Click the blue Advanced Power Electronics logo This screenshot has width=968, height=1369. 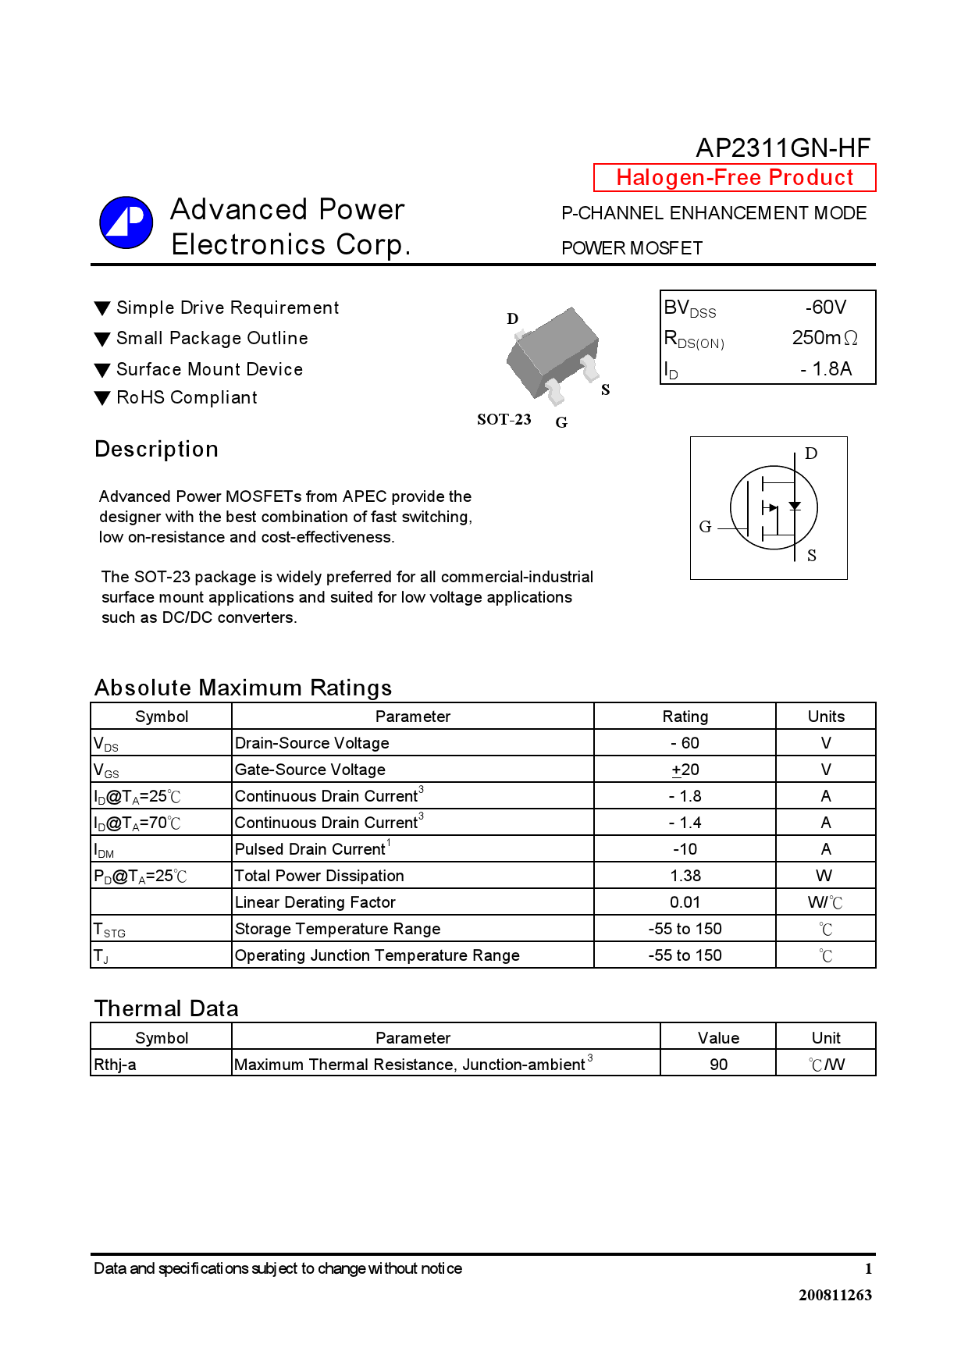click(126, 222)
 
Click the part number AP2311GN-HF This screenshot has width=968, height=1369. click(782, 148)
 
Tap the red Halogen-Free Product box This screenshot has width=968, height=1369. click(735, 177)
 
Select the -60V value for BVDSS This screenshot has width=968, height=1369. click(825, 307)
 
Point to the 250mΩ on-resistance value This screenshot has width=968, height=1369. click(824, 338)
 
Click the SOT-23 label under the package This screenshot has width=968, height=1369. click(504, 419)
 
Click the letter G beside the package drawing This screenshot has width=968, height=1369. click(561, 422)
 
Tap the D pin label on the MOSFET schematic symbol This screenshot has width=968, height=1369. click(811, 453)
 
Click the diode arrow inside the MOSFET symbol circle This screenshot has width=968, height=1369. click(795, 506)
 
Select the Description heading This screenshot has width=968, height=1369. click(156, 449)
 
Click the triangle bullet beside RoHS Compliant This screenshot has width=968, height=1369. click(101, 398)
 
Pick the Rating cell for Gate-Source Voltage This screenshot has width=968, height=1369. click(685, 770)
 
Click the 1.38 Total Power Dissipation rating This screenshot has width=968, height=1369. click(685, 876)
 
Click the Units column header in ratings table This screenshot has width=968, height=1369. click(826, 717)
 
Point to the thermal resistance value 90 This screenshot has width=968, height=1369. click(718, 1065)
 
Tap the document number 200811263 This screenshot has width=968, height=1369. click(835, 1295)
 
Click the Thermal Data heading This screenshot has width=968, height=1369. click(166, 1008)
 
